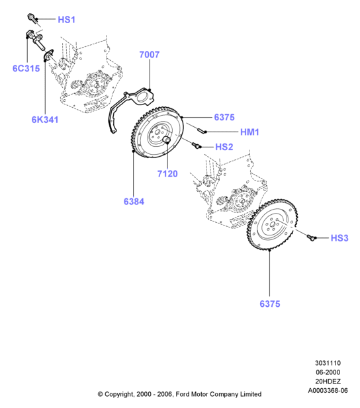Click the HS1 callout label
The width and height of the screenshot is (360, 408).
[x=66, y=20]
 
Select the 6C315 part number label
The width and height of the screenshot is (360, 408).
[x=26, y=68]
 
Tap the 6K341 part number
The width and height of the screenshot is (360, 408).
[x=45, y=120]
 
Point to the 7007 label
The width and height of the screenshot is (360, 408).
[x=150, y=55]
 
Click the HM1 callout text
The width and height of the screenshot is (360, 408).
[x=249, y=132]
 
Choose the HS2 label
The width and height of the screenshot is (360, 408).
[x=224, y=147]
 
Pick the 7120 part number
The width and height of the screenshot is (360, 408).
[x=167, y=173]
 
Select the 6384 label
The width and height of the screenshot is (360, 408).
[x=134, y=202]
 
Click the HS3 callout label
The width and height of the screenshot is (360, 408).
[x=339, y=238]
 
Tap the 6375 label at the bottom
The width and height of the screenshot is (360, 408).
[x=270, y=304]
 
